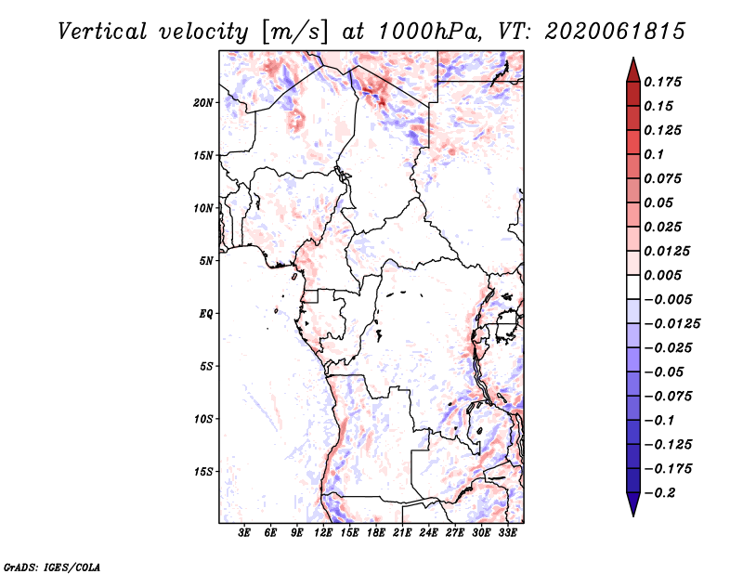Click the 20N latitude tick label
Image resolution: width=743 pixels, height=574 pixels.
202,103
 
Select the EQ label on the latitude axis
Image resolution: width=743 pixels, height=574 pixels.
206,314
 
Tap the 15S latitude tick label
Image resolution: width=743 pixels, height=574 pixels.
202,472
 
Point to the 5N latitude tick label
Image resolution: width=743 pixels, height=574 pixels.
206,261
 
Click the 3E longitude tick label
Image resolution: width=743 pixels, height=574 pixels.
244,533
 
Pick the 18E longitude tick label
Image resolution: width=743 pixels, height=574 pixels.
376,533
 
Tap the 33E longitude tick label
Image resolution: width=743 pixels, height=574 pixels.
507,533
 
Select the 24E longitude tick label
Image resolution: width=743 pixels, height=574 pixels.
428,533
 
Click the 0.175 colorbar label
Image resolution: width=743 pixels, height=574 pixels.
662,82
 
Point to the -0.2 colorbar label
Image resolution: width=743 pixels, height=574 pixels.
659,493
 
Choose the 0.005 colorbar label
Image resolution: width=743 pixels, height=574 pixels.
662,275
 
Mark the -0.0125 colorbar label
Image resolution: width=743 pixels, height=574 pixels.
671,324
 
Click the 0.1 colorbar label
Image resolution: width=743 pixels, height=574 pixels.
654,154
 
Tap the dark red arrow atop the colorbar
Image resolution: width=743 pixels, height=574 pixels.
633,70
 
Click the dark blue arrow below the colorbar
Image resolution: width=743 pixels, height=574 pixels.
633,504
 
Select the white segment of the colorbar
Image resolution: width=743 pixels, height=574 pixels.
633,287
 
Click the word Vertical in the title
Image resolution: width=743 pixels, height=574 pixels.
102,32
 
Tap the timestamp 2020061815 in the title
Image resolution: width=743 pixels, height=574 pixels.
615,32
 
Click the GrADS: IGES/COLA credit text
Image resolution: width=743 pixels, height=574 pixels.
52,567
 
